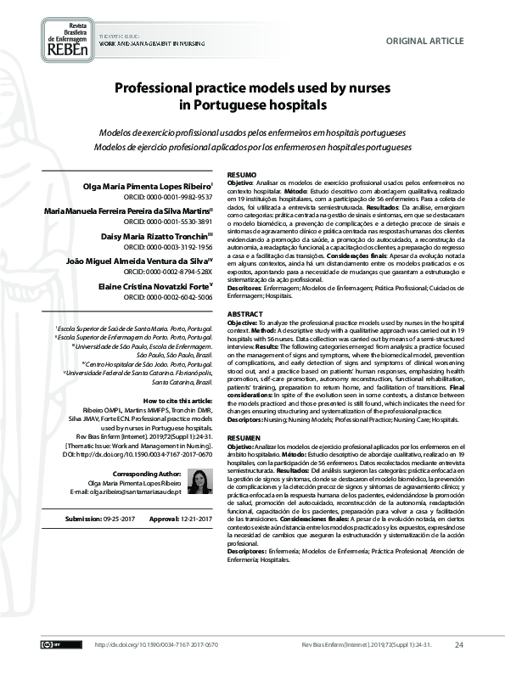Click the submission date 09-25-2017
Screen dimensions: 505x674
(x=111, y=518)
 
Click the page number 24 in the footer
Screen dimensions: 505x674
(x=459, y=645)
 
